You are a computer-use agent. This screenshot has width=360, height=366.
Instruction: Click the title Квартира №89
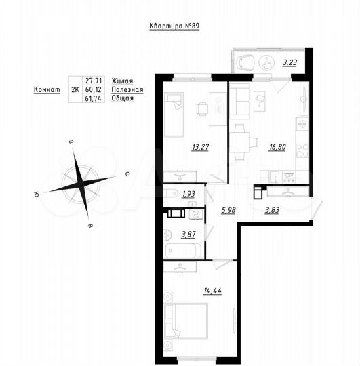coord(176,26)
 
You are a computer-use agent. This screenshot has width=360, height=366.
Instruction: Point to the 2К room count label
coord(75,89)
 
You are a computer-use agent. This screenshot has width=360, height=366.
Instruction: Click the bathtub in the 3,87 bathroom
coord(184,250)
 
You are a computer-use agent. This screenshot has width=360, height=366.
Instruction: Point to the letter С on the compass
coord(127,174)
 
